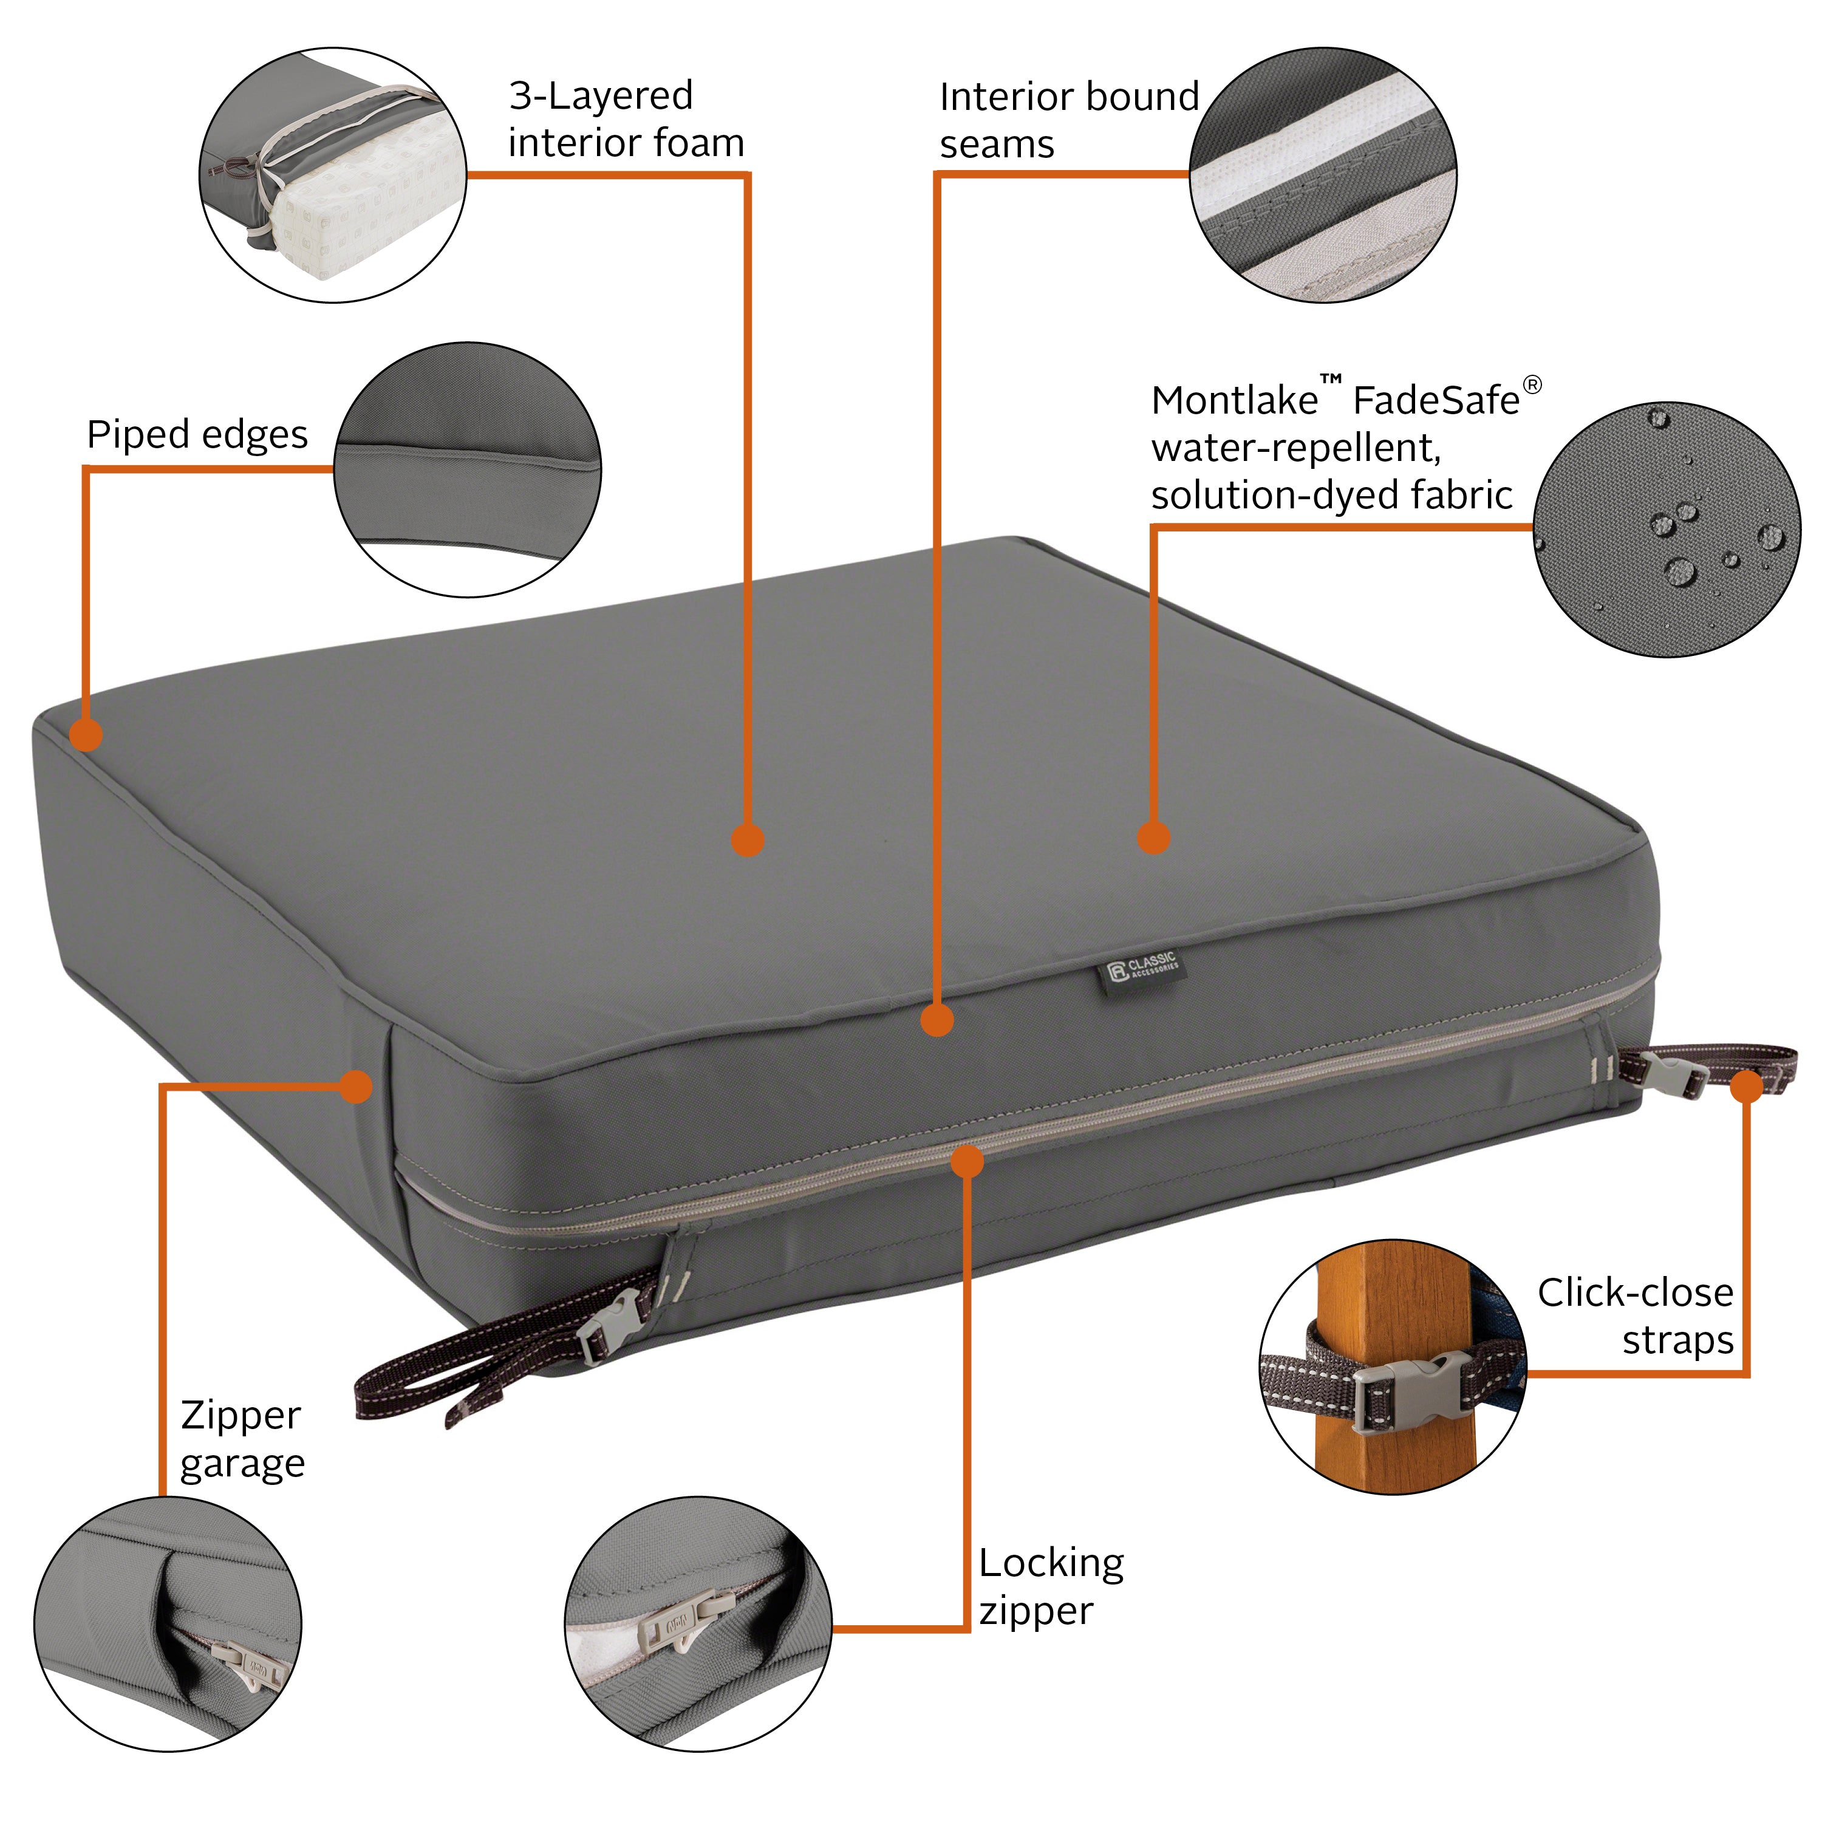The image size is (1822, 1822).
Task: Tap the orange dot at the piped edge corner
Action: [x=86, y=735]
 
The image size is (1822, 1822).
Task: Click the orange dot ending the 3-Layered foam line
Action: [x=748, y=839]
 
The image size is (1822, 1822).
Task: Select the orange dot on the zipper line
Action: [x=967, y=1161]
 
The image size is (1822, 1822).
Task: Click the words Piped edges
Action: [x=197, y=435]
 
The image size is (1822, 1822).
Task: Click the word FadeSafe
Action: [x=1435, y=401]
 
